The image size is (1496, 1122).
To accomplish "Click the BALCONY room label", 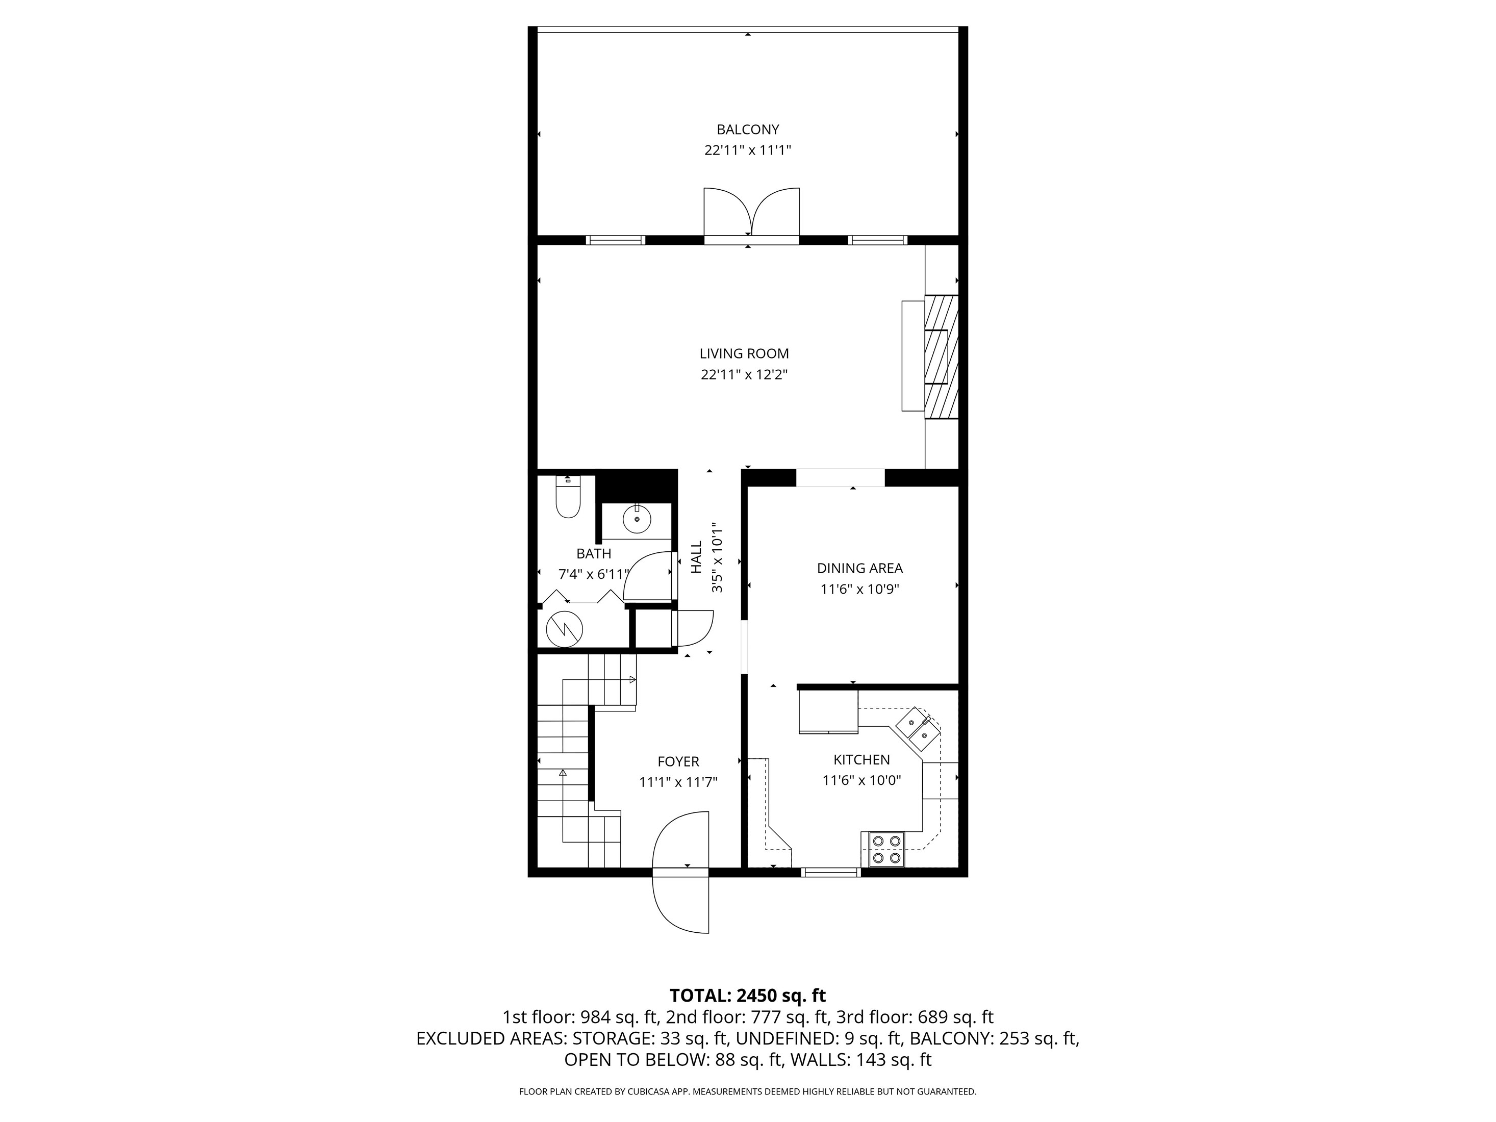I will [x=747, y=129].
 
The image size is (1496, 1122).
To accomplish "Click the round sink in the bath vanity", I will [x=637, y=519].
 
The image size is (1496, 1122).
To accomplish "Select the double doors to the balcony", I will [x=751, y=215].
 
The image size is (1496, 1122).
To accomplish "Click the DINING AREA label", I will [x=859, y=569].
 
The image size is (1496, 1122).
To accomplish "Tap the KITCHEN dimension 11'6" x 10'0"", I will [x=861, y=780].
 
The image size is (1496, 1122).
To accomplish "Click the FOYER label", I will [x=678, y=761].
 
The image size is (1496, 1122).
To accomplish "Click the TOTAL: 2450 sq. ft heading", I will [x=747, y=996].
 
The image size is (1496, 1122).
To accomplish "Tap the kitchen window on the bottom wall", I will [x=830, y=873].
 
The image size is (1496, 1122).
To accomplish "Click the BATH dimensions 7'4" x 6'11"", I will [x=593, y=575].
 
